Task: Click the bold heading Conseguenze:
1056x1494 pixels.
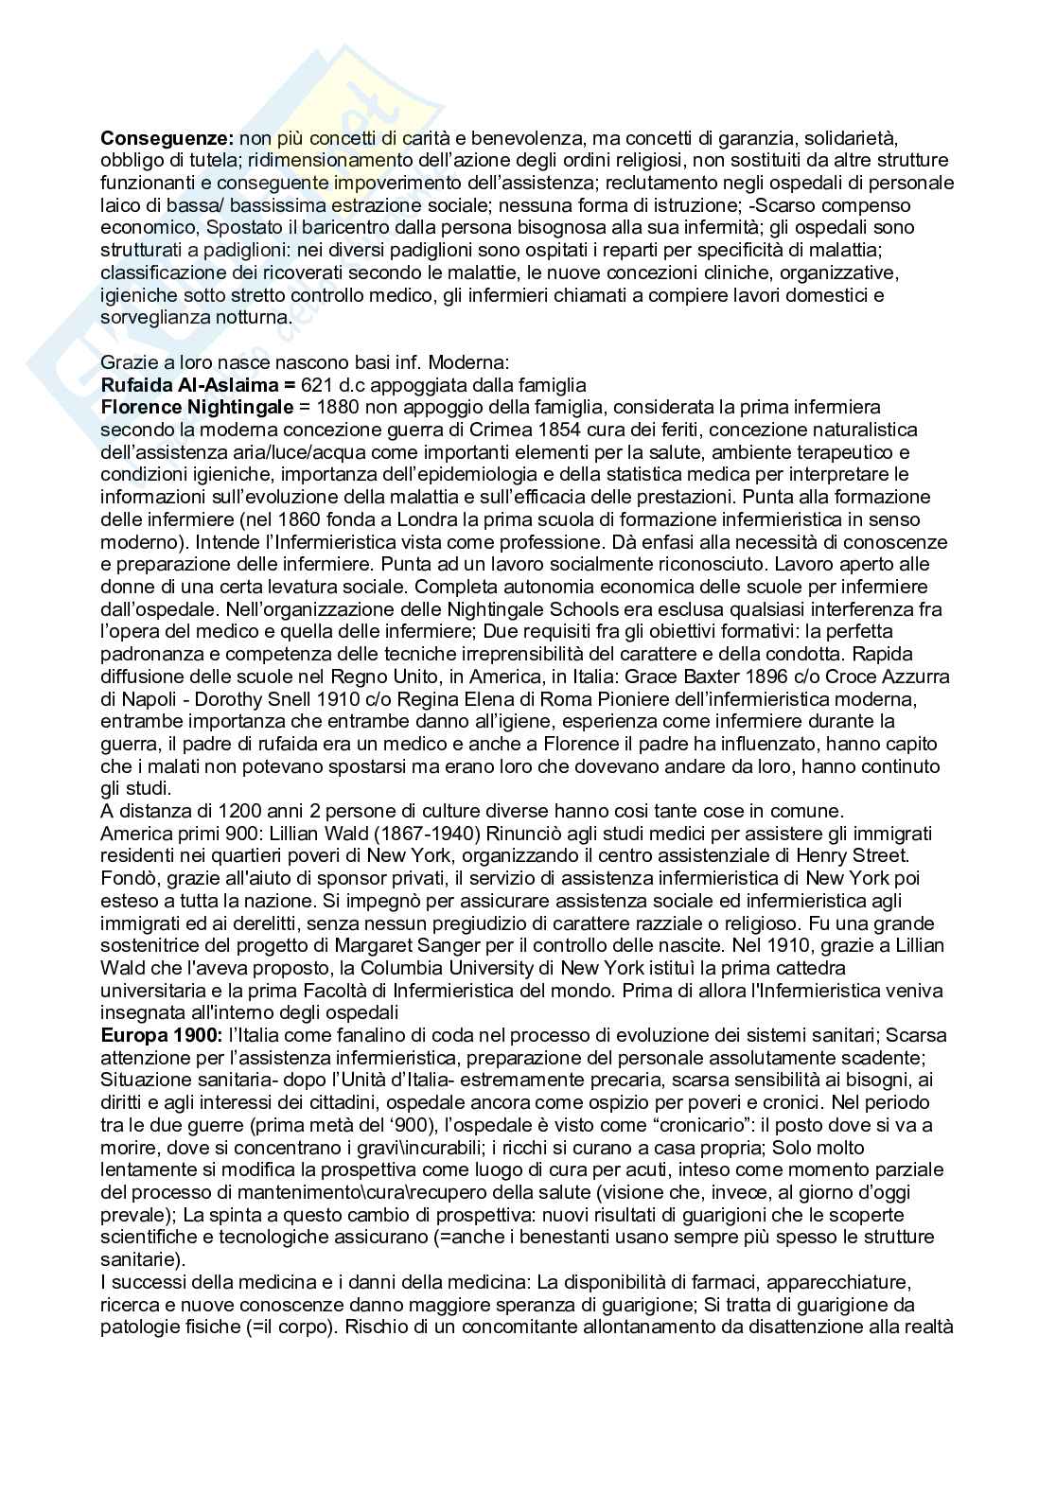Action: (x=167, y=138)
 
